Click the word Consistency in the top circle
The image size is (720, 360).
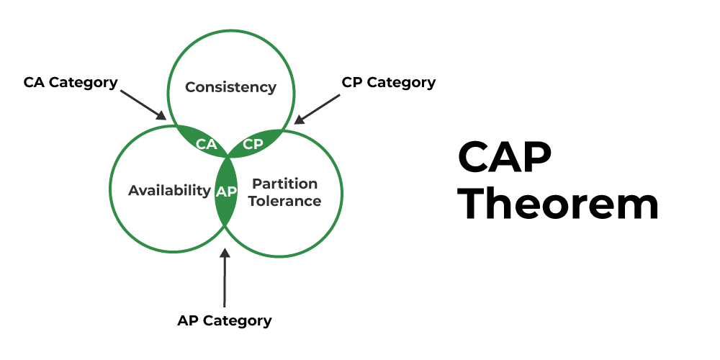[230, 87]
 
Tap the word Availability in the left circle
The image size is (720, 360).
[169, 190]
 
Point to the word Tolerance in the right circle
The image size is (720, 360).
[286, 201]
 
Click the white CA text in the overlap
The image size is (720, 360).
[207, 144]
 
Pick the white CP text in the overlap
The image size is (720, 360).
[253, 143]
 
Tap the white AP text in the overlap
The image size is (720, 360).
[225, 191]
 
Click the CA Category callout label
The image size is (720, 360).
[71, 82]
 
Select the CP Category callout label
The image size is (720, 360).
[388, 82]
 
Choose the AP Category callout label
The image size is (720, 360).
[225, 320]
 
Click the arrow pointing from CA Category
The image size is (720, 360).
[143, 104]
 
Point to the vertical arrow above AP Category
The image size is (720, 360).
[225, 277]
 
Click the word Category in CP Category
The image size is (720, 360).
[400, 82]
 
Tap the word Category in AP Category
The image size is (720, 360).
[237, 320]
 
